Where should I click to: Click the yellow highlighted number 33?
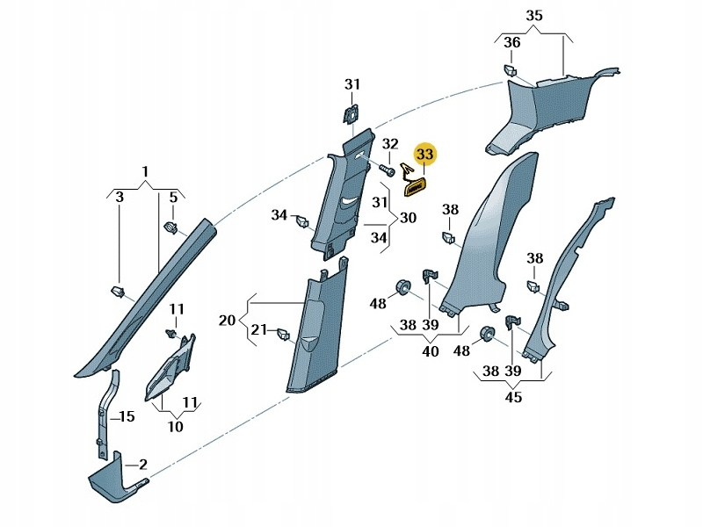(425, 155)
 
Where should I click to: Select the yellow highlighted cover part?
(415, 186)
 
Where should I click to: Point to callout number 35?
(535, 15)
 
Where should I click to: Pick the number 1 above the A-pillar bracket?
(146, 170)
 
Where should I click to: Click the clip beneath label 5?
(172, 229)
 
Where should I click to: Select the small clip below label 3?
(115, 290)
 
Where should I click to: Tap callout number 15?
(125, 416)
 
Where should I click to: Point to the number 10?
(175, 427)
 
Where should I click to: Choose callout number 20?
(227, 321)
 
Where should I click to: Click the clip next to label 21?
(283, 334)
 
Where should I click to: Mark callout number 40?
(431, 351)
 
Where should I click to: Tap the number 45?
(513, 397)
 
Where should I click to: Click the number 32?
(390, 144)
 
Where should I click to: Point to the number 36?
(511, 43)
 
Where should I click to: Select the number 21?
(258, 329)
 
